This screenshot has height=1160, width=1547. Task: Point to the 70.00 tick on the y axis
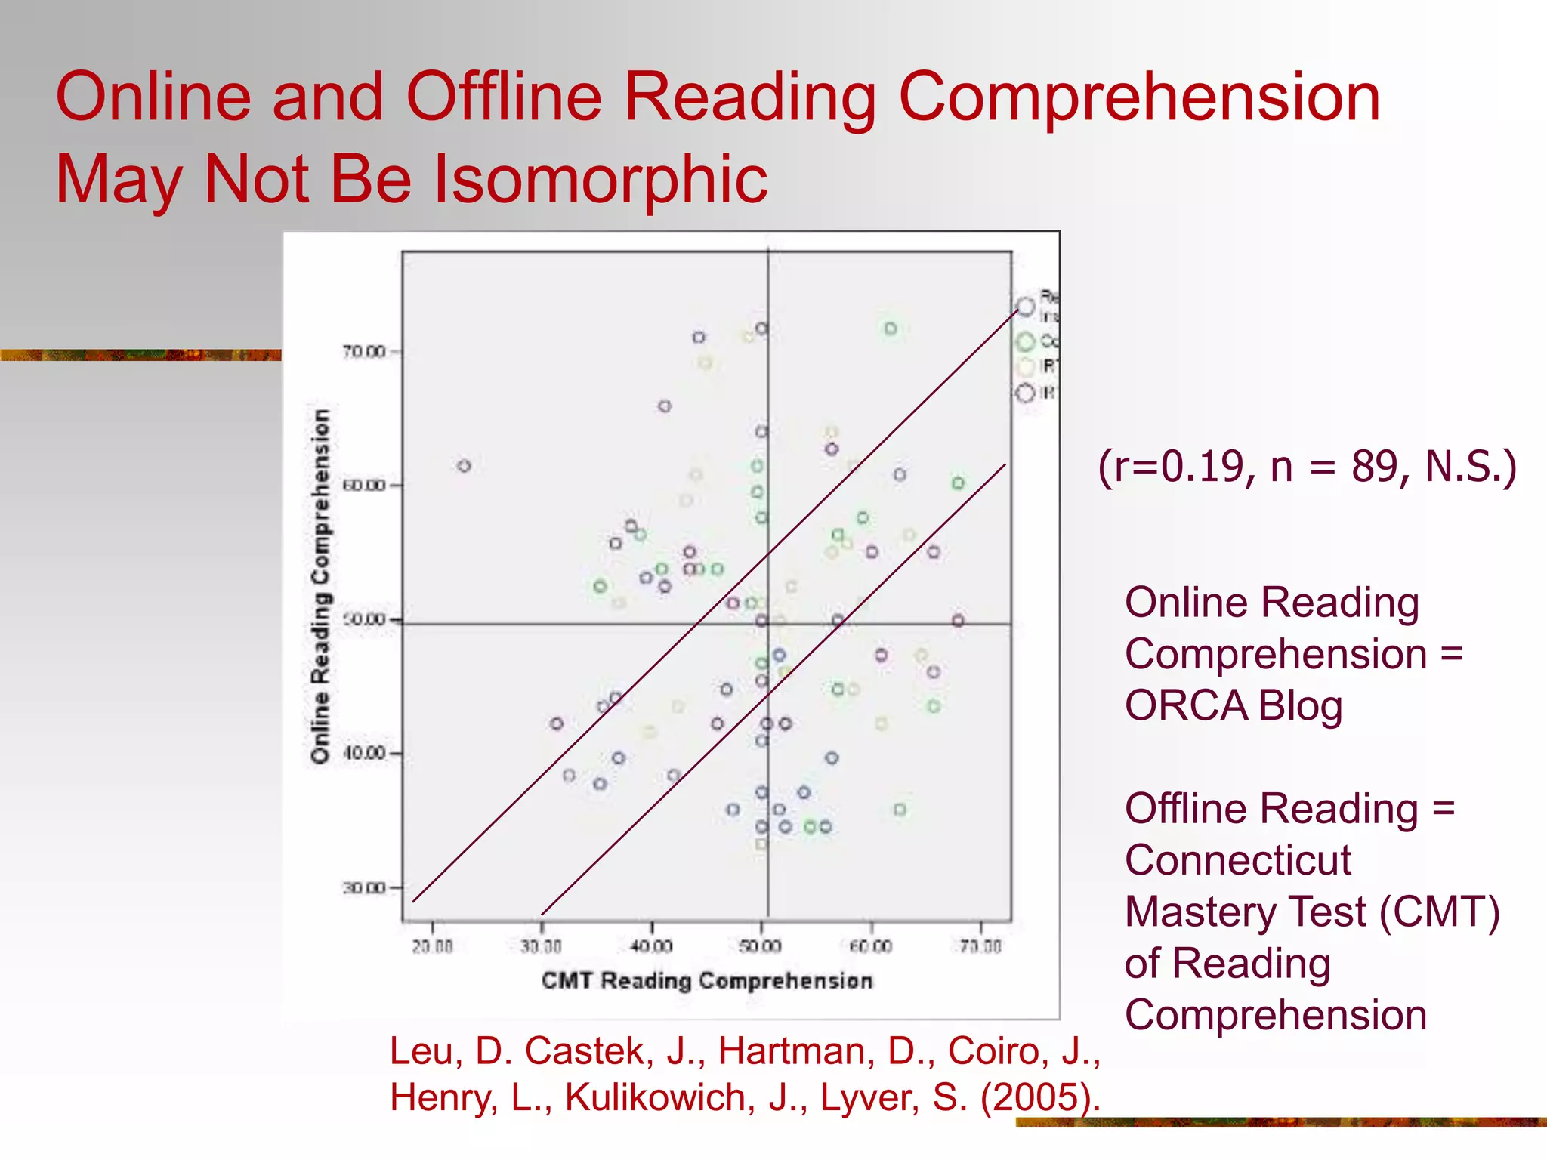click(364, 352)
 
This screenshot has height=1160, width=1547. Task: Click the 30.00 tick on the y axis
click(364, 887)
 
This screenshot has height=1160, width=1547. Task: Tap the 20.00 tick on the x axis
click(432, 946)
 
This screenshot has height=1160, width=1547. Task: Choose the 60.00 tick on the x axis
click(871, 946)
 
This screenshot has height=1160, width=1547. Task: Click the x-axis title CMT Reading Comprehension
click(707, 980)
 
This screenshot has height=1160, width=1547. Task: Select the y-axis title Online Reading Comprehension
click(321, 586)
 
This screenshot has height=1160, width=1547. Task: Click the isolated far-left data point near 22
click(465, 466)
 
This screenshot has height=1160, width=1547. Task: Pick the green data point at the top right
click(891, 329)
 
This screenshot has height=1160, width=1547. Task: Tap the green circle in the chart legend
click(1025, 341)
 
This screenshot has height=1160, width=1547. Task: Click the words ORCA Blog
click(1234, 705)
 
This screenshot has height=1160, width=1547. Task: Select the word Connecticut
click(1237, 860)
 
